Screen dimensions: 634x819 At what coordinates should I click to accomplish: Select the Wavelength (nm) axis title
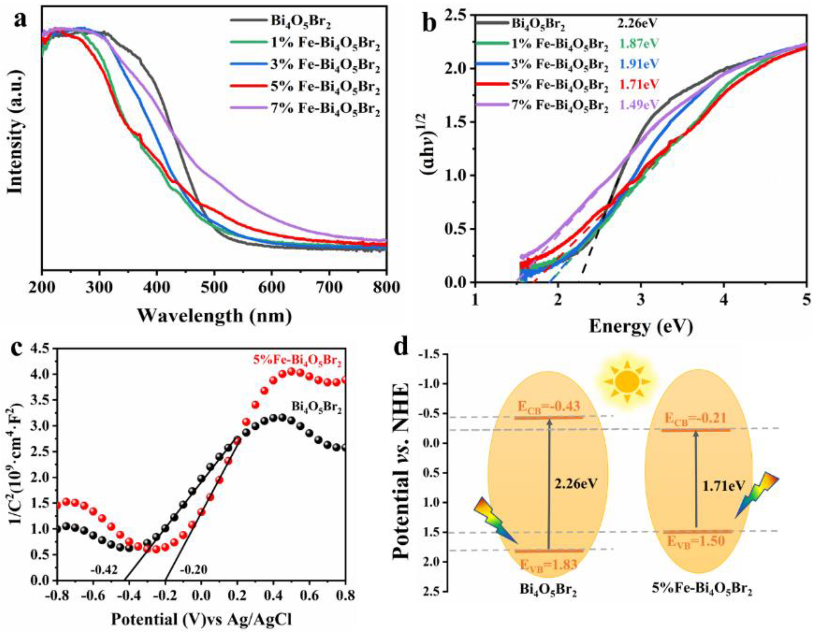tap(214, 316)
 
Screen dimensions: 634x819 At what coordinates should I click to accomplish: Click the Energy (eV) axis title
tap(640, 327)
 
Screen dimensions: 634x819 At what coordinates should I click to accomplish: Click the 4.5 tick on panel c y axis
tap(42, 349)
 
